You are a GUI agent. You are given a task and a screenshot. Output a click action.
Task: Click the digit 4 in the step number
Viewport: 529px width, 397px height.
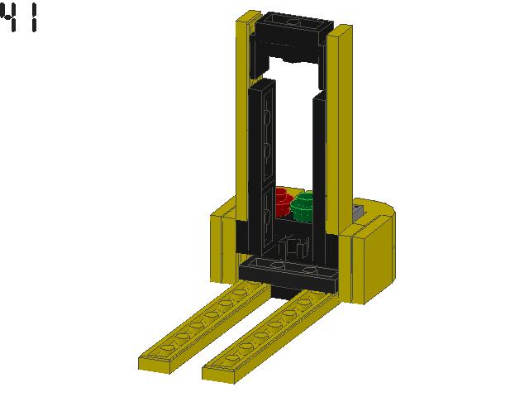point(10,18)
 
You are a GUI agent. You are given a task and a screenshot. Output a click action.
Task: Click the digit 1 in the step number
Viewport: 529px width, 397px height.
point(33,18)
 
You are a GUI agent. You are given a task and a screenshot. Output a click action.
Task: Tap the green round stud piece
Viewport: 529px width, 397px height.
point(304,206)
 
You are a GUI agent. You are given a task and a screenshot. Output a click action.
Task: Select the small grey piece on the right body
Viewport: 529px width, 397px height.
point(358,212)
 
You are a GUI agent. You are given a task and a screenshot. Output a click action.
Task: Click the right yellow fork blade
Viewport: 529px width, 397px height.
point(264,339)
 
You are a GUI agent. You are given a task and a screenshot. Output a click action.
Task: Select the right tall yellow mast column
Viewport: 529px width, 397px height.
point(341,132)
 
